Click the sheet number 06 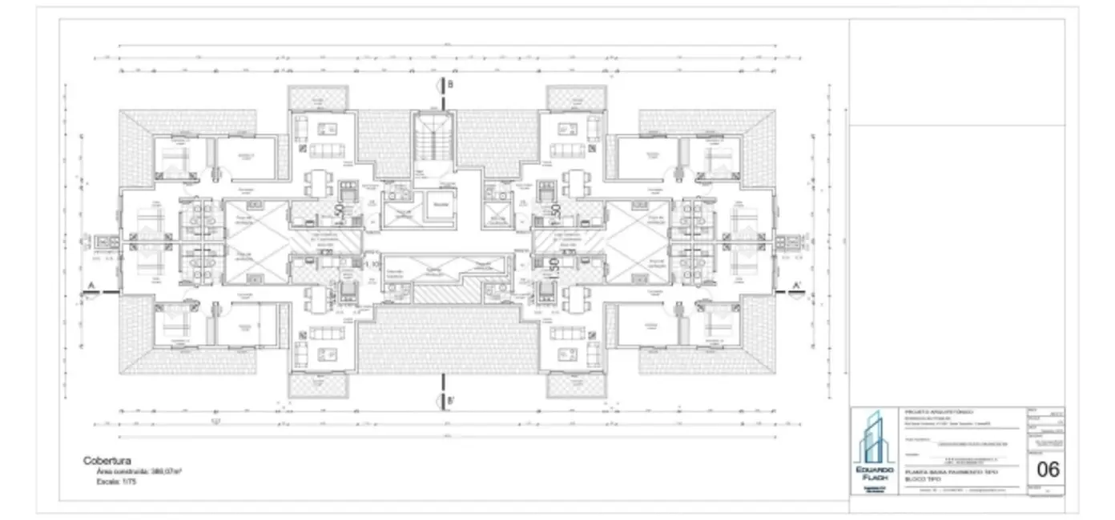tap(1048, 470)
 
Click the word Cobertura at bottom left tap(107, 461)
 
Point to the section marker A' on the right tap(796, 286)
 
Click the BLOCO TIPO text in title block tap(921, 479)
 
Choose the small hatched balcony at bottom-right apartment tap(576, 385)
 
